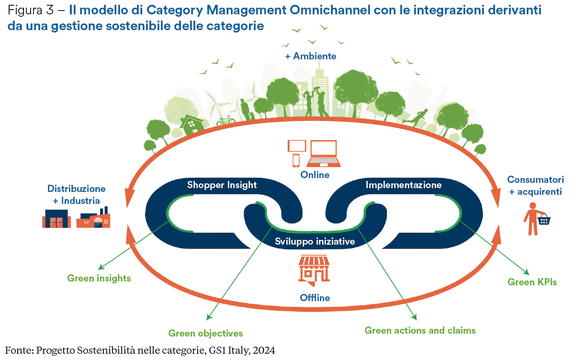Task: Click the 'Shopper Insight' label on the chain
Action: click(x=222, y=185)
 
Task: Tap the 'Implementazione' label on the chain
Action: click(x=404, y=185)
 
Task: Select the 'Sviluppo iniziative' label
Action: click(x=315, y=242)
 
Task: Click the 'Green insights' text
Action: click(x=99, y=278)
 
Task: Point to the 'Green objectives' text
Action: click(x=205, y=333)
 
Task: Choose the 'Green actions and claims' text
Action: click(x=420, y=330)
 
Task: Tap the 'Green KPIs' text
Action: click(x=532, y=282)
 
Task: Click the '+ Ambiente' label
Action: click(x=311, y=56)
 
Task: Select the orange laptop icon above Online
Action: click(x=324, y=153)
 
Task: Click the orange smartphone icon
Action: click(x=296, y=160)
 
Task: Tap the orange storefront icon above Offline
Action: click(x=315, y=270)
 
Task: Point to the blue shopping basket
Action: click(x=544, y=220)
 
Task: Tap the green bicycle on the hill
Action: click(x=226, y=120)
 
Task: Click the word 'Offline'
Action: click(x=315, y=298)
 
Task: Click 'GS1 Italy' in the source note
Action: click(x=229, y=350)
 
